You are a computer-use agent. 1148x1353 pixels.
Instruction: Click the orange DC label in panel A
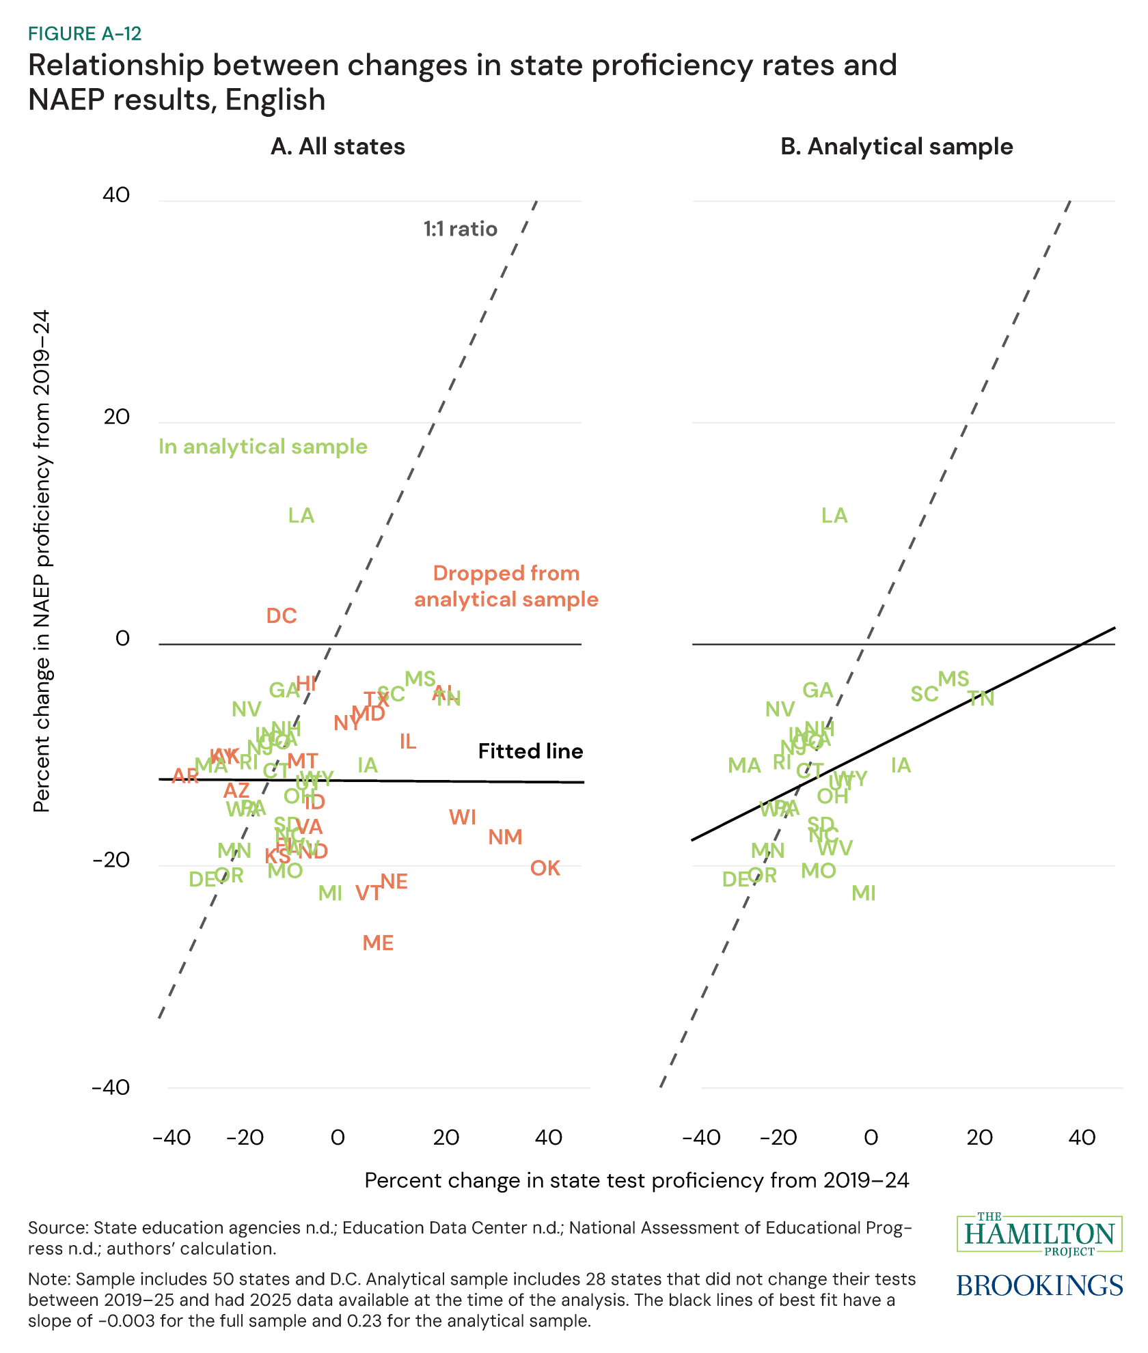pos(282,616)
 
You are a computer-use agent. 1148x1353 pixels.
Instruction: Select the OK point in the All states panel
pos(545,868)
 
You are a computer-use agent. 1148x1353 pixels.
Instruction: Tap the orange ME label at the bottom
pos(378,943)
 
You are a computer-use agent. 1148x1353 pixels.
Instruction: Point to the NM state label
pos(505,837)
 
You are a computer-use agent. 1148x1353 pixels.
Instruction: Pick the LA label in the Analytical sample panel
pos(834,516)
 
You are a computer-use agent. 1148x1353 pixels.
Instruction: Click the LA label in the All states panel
pos(301,516)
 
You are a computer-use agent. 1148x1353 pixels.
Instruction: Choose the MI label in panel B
pos(864,893)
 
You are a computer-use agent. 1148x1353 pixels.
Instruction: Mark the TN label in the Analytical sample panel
pos(981,699)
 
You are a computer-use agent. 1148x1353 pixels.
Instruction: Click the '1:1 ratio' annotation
pos(460,229)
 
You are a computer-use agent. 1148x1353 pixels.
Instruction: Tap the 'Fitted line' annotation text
pos(530,751)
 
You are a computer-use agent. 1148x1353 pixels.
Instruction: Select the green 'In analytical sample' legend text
pos(263,447)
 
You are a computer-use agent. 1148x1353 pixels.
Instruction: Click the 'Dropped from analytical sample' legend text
pos(506,586)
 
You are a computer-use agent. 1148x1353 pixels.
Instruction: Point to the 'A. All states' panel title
pos(338,147)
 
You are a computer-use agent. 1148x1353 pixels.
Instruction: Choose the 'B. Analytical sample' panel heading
pos(897,147)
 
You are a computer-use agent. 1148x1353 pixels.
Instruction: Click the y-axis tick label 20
pos(117,417)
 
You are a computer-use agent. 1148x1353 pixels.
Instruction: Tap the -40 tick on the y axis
pos(111,1087)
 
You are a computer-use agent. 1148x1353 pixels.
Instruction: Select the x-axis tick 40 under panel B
pos(1082,1138)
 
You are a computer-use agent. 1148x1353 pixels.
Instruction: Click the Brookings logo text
pos(1039,1285)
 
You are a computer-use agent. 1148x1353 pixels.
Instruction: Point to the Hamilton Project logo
pos(1039,1234)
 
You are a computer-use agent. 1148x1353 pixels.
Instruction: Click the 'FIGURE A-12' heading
pos(85,33)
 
